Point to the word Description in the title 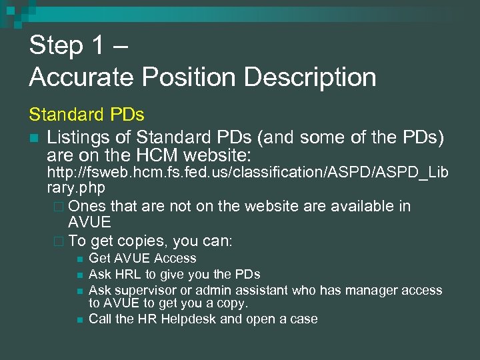(x=311, y=77)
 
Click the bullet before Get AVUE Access (x=79, y=259)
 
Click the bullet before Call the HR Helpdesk (x=79, y=319)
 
